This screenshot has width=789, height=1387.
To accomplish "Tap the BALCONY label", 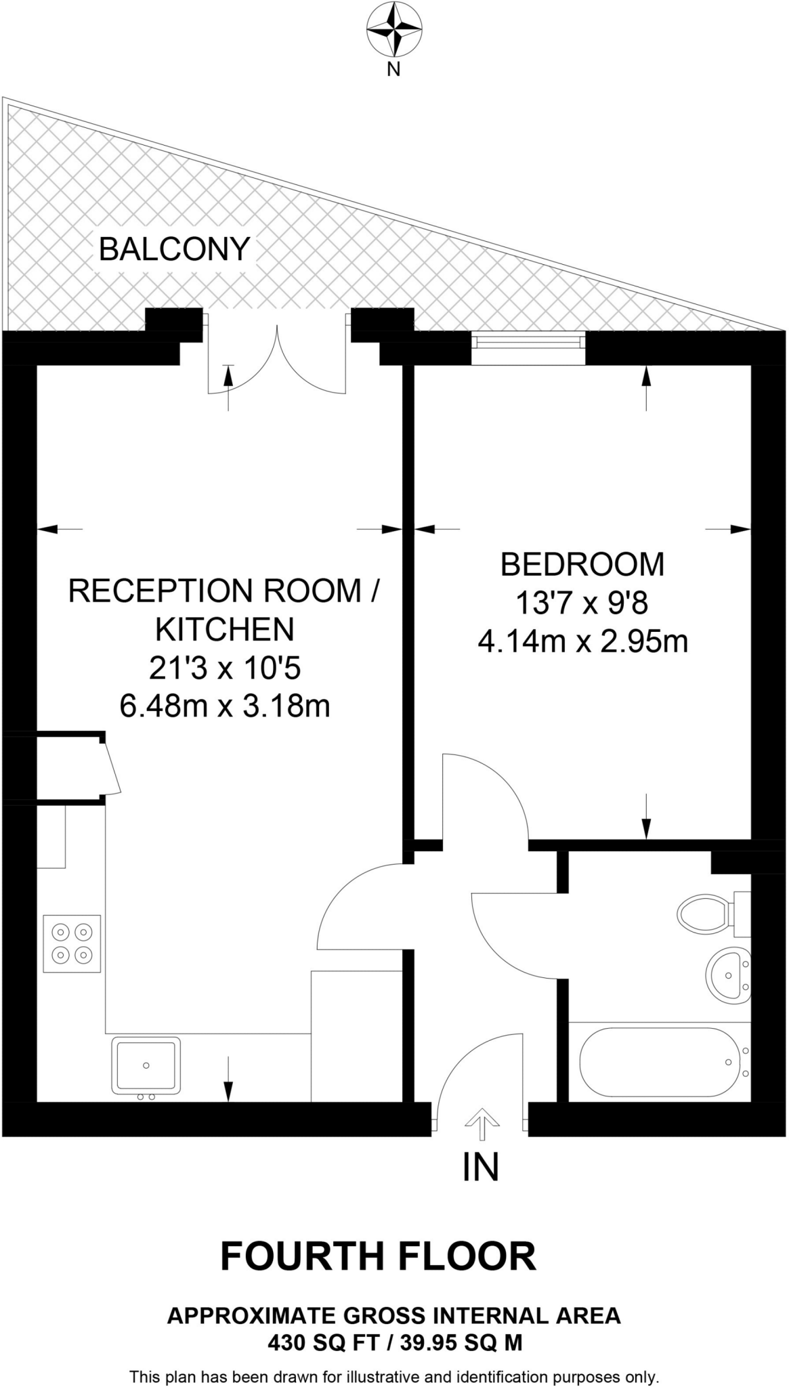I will tap(174, 249).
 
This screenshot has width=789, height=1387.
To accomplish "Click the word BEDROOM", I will tap(582, 564).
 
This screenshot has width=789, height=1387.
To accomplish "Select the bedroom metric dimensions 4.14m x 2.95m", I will tap(582, 641).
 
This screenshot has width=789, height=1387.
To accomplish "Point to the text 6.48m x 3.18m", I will tap(224, 706).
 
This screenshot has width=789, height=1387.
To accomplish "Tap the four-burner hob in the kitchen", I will tap(72, 943).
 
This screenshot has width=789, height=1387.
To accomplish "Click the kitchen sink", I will tap(146, 1065).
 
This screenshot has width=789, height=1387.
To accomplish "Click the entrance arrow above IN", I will tap(482, 1126).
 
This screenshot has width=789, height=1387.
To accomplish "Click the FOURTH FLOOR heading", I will tap(378, 1256).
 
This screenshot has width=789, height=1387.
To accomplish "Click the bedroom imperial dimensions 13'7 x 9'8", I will tap(582, 602).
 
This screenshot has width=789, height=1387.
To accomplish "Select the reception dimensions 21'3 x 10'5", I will tap(224, 668).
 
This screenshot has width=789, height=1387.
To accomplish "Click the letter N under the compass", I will tap(393, 68).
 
